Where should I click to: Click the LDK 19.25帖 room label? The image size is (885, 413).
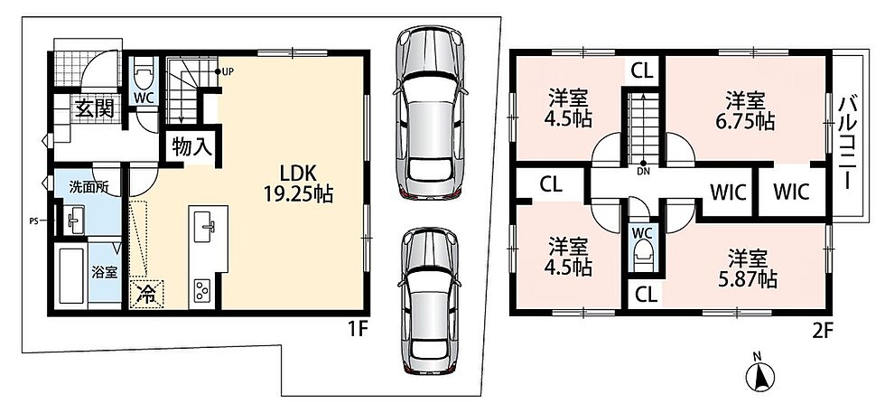pos(298,183)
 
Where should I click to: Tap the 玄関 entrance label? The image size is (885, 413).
pos(95,108)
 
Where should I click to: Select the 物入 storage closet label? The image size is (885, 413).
pos(191,147)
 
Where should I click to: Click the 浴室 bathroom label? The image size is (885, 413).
pos(105,272)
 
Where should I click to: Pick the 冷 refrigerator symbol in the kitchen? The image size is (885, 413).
pos(146,295)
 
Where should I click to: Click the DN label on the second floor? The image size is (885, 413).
pos(643,170)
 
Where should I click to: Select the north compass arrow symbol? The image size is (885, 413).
pos(759,374)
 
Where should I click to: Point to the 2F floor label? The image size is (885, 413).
pos(823,329)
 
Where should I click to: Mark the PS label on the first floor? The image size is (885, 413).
pos(34,221)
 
